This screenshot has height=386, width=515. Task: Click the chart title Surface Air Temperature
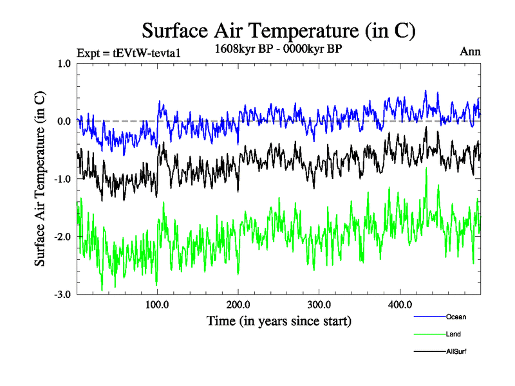pos(279,30)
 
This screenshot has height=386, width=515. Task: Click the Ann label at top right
pos(470,51)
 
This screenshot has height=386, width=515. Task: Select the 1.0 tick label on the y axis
pos(64,63)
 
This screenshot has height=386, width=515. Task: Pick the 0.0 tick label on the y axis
pos(64,121)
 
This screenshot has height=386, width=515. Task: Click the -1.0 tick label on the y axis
pos(62,179)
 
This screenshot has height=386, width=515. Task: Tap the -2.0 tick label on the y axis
pos(62,237)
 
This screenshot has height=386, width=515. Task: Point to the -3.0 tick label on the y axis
pos(62,295)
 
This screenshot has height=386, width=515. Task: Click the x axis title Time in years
pos(279,320)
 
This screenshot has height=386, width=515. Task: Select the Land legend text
pos(453,334)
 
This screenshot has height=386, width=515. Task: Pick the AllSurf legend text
pos(456,351)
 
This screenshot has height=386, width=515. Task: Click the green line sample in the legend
pos(429,334)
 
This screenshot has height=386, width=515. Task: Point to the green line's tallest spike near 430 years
pos(426,169)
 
